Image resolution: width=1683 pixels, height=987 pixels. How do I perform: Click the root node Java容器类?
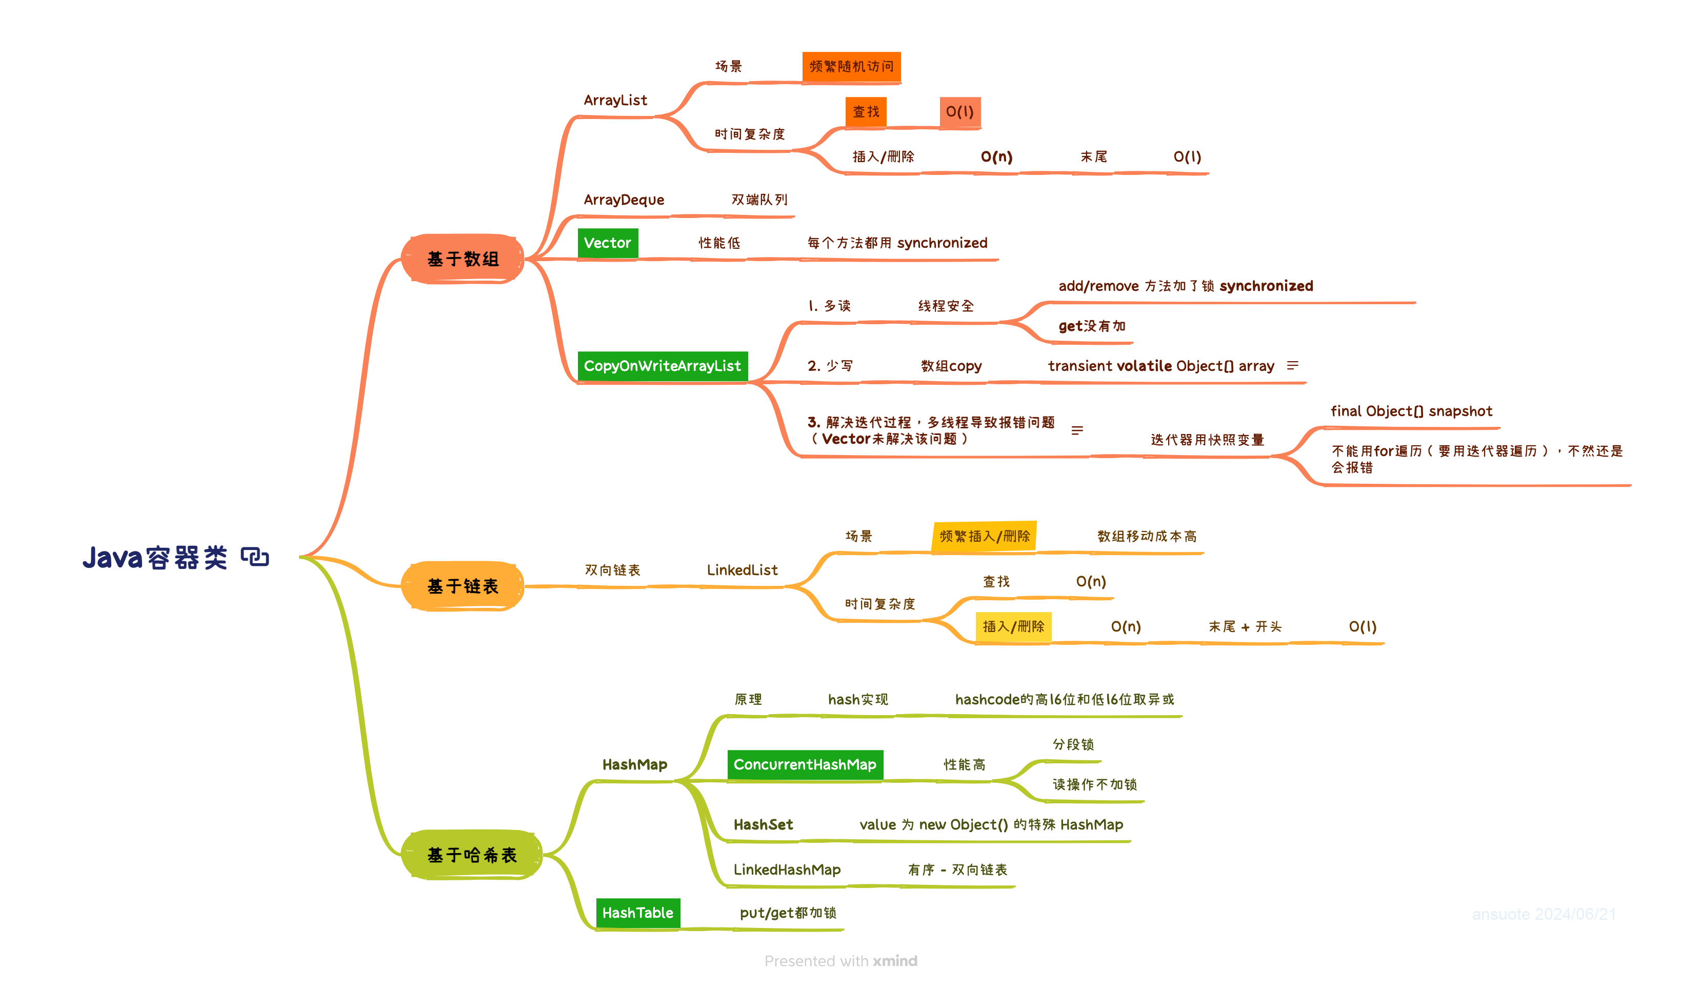[155, 557]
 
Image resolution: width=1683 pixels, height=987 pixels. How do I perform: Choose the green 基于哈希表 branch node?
[471, 855]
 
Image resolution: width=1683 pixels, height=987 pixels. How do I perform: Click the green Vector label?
[607, 243]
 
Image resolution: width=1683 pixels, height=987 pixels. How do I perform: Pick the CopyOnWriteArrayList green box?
[662, 366]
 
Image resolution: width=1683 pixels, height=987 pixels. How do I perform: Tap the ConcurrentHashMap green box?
[805, 764]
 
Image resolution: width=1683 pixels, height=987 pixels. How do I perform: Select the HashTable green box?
[638, 913]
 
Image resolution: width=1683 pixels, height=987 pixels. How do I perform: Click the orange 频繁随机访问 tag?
[852, 66]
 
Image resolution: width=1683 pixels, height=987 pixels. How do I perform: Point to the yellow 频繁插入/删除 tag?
[985, 536]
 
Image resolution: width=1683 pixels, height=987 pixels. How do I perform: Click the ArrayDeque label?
[624, 200]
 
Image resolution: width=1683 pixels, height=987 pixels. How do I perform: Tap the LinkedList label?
[742, 570]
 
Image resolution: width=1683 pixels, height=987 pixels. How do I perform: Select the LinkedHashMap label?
[787, 870]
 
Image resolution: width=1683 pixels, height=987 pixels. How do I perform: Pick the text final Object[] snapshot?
[1411, 411]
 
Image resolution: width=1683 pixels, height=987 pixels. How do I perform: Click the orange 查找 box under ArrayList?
[866, 112]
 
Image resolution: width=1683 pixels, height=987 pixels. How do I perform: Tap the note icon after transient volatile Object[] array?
[1293, 366]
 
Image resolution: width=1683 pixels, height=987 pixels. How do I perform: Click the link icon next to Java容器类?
[255, 557]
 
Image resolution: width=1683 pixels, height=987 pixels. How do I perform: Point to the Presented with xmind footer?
[841, 961]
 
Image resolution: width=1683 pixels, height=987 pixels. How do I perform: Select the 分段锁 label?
[1073, 744]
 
